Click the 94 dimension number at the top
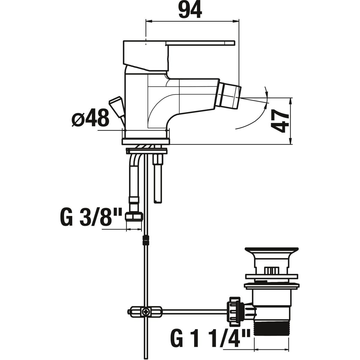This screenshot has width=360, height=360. click(190, 10)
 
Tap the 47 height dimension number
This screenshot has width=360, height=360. click(279, 121)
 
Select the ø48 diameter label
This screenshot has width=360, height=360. click(90, 118)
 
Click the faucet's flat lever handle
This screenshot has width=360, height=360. click(200, 43)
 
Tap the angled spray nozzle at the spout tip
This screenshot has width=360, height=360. click(229, 98)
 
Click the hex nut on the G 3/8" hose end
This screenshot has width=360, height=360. click(134, 217)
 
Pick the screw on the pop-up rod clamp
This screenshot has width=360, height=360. click(145, 311)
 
